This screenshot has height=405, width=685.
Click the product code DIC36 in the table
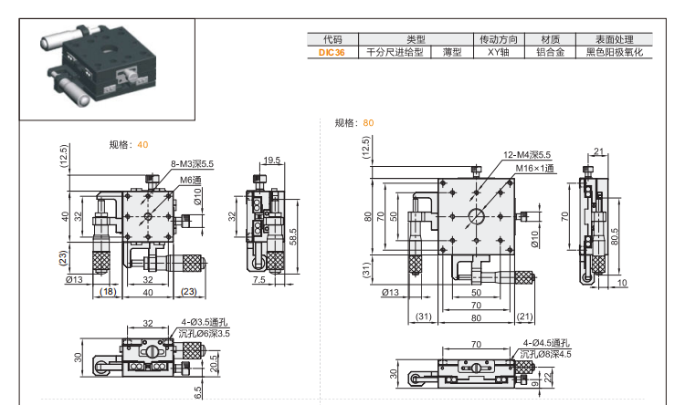332,53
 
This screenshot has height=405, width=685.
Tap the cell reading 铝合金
550,53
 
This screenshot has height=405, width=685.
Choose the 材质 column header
550,40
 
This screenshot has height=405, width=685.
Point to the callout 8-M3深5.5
192,164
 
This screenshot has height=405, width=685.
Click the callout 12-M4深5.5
526,155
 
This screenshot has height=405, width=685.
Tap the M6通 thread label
190,180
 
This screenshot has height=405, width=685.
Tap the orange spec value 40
142,144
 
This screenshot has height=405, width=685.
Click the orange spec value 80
368,122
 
